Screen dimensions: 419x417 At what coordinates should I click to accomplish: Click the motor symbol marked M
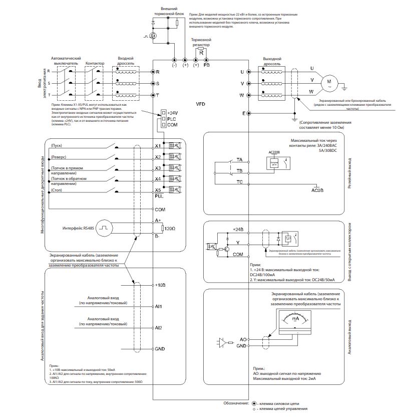(329, 81)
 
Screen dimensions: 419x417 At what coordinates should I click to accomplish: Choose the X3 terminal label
(158, 168)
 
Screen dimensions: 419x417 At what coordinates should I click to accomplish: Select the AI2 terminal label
(158, 327)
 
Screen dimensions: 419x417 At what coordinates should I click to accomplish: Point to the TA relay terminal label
(240, 159)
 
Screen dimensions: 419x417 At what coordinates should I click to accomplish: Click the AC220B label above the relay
(275, 151)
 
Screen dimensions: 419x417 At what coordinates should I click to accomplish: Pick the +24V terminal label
(173, 113)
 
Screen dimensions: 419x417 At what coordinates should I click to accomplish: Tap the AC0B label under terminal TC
(318, 190)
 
